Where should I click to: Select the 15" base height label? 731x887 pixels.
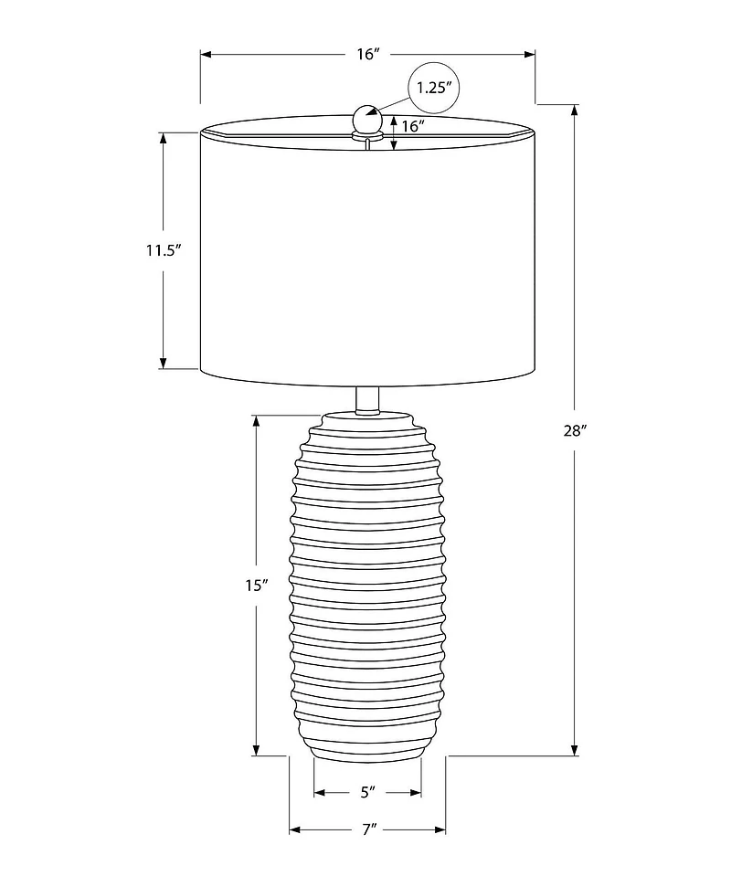(257, 586)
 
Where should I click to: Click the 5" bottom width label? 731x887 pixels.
(368, 792)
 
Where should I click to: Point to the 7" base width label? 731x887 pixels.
(368, 830)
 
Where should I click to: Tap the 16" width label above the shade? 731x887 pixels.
(367, 55)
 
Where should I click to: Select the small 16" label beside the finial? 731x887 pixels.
(414, 127)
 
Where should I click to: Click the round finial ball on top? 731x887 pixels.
(366, 119)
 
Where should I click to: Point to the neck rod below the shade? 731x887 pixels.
(367, 399)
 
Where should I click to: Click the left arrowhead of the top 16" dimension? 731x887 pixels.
(206, 55)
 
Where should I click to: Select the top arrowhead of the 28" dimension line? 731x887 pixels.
(574, 111)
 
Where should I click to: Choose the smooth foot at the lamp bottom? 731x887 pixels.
(367, 751)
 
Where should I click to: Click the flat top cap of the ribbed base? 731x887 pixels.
(367, 417)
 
